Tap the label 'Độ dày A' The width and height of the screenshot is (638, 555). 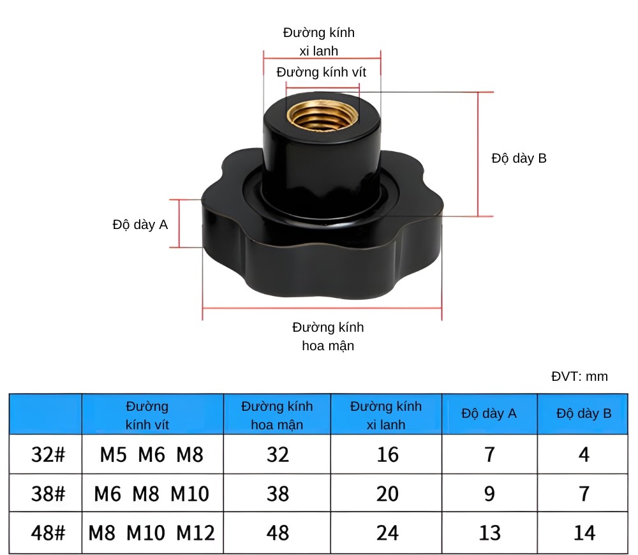click(x=140, y=225)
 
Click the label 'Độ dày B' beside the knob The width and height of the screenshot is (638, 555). click(x=519, y=159)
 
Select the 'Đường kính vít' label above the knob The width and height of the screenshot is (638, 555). click(x=322, y=72)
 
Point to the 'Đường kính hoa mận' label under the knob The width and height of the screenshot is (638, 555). click(x=328, y=336)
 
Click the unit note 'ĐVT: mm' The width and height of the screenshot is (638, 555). click(x=579, y=376)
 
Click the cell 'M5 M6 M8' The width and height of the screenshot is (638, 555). click(x=152, y=455)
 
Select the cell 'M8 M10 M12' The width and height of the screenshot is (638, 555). click(x=152, y=532)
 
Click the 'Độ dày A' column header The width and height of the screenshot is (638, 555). click(x=489, y=413)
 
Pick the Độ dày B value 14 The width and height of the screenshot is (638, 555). click(x=584, y=532)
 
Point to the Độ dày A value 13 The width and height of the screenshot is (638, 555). click(x=489, y=532)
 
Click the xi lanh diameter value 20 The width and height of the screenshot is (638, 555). click(x=387, y=494)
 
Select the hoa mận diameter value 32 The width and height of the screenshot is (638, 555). click(x=278, y=455)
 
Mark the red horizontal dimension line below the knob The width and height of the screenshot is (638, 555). click(x=322, y=309)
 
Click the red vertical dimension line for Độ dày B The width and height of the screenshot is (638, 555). click(x=478, y=154)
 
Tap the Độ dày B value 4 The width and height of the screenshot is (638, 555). click(x=584, y=455)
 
